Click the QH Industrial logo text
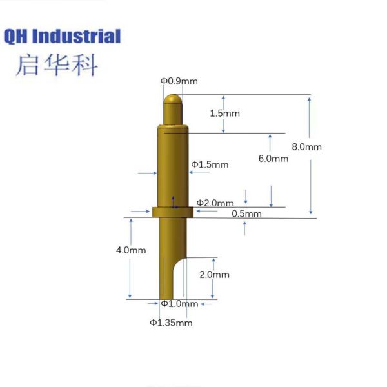click(62, 37)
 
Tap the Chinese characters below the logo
click(57, 65)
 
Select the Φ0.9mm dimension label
click(179, 81)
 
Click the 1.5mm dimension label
click(225, 114)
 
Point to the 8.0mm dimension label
click(307, 147)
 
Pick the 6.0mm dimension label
click(273, 159)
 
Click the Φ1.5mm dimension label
click(210, 164)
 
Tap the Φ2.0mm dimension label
click(215, 203)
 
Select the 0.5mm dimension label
click(247, 213)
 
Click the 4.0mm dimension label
click(131, 250)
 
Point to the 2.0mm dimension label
click(215, 275)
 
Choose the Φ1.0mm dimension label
click(180, 304)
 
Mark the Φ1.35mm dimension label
click(171, 322)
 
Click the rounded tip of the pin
click(173, 99)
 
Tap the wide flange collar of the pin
click(173, 212)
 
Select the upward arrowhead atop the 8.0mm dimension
click(309, 100)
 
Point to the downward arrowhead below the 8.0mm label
click(311, 212)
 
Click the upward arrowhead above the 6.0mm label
click(270, 137)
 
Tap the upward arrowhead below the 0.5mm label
click(244, 224)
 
